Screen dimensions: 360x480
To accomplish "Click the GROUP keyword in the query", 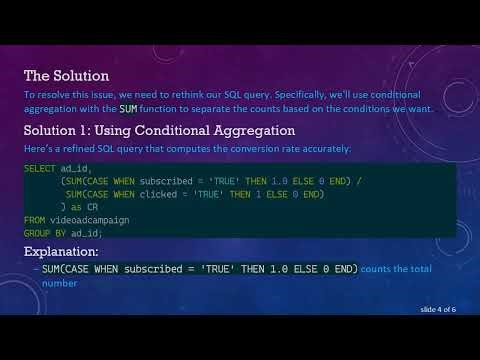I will pyautogui.click(x=37, y=233).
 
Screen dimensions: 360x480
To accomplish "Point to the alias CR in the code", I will pyautogui.click(x=92, y=207).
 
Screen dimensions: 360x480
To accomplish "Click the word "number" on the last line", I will pyautogui.click(x=59, y=283).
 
